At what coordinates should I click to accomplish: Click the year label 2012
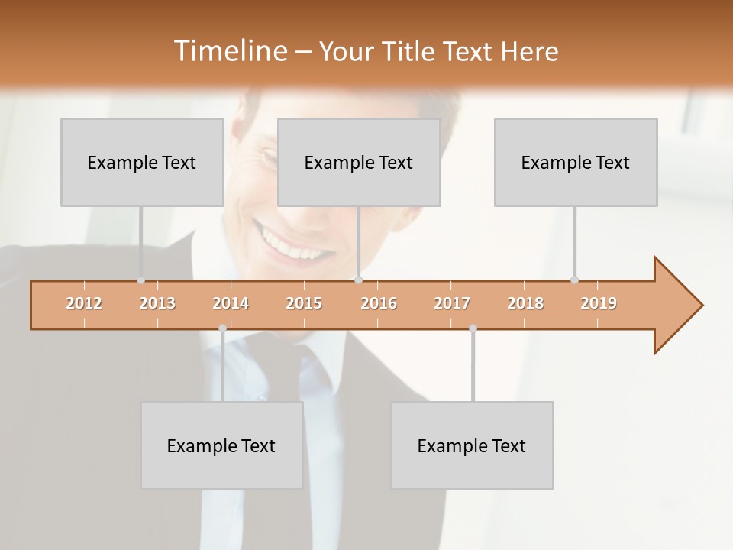coord(84,303)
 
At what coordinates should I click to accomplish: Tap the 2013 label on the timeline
coord(157,303)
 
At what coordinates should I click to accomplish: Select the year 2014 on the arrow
coord(231,303)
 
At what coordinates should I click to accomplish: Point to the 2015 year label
coord(304,303)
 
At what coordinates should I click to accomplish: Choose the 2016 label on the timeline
coord(379,303)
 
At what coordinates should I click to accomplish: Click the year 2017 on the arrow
coord(452,303)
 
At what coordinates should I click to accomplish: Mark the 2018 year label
coord(525,303)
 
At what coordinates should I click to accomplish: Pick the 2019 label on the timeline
coord(599,303)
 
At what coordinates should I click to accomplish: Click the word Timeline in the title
coord(229,51)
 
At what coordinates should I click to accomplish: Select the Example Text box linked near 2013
coord(142,162)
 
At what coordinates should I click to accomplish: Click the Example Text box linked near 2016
coord(359,162)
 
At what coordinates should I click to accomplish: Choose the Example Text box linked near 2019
coord(576,162)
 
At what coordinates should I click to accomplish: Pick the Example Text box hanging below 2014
coord(221,445)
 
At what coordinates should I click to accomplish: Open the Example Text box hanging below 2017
coord(472,445)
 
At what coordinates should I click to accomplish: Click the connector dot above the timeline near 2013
coord(140,280)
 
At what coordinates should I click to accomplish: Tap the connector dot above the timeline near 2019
coord(574,280)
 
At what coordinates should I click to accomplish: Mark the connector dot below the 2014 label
coord(222,328)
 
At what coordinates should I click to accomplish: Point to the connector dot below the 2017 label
coord(473,328)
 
